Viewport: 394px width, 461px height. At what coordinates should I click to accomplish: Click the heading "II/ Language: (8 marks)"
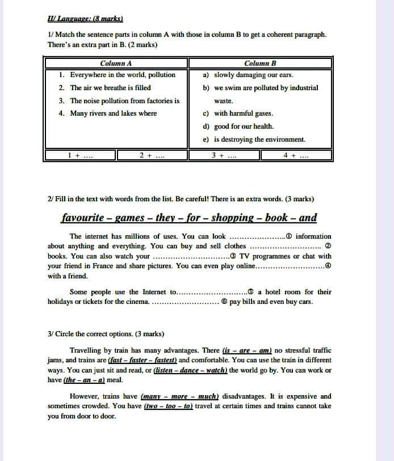(x=85, y=19)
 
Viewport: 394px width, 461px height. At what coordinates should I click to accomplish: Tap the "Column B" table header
(x=260, y=64)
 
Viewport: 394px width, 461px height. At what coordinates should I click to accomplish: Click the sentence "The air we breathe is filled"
(x=110, y=88)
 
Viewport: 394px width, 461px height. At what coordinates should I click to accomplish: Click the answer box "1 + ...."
(x=80, y=155)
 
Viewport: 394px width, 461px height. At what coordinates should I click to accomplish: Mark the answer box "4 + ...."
(x=296, y=155)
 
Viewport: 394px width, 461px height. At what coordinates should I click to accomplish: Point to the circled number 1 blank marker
(x=289, y=236)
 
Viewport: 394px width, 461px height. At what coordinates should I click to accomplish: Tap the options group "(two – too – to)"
(x=169, y=406)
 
